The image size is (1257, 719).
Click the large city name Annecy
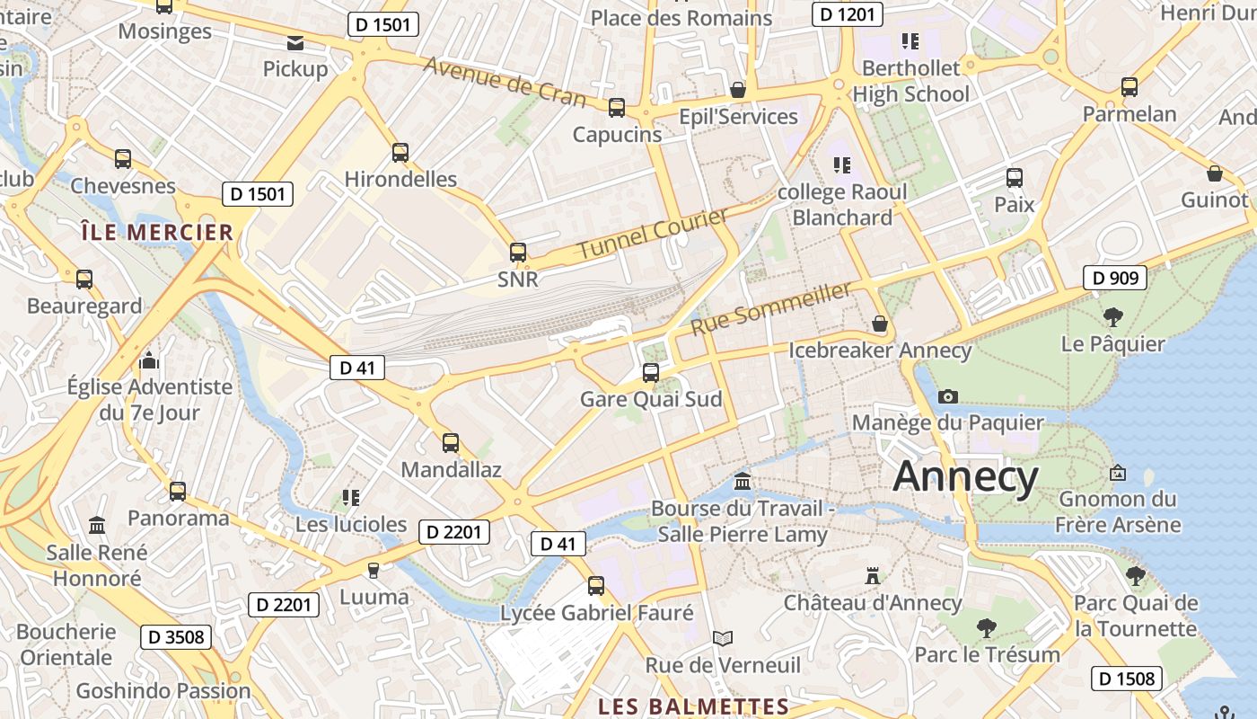(x=965, y=475)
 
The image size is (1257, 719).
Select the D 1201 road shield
(x=847, y=13)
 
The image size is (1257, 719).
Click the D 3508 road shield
(x=176, y=637)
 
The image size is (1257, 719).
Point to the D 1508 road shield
(x=1127, y=678)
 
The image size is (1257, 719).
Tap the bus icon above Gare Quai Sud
(x=651, y=372)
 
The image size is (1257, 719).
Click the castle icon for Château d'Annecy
(x=872, y=575)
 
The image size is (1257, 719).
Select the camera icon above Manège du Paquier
(x=947, y=396)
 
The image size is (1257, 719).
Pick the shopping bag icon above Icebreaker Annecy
(x=880, y=324)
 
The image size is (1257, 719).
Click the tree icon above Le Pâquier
(x=1113, y=316)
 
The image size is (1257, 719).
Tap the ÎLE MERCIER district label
(x=157, y=233)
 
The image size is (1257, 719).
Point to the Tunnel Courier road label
(x=652, y=234)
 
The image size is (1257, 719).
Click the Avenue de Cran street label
(x=504, y=81)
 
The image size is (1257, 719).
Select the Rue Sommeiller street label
(x=769, y=308)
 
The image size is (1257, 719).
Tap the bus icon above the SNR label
(x=518, y=253)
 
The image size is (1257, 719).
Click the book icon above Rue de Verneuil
(x=723, y=638)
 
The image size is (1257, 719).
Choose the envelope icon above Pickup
(x=295, y=42)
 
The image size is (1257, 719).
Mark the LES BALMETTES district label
(x=693, y=706)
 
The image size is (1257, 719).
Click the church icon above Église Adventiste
(x=149, y=361)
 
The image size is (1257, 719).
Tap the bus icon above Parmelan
(x=1130, y=87)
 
